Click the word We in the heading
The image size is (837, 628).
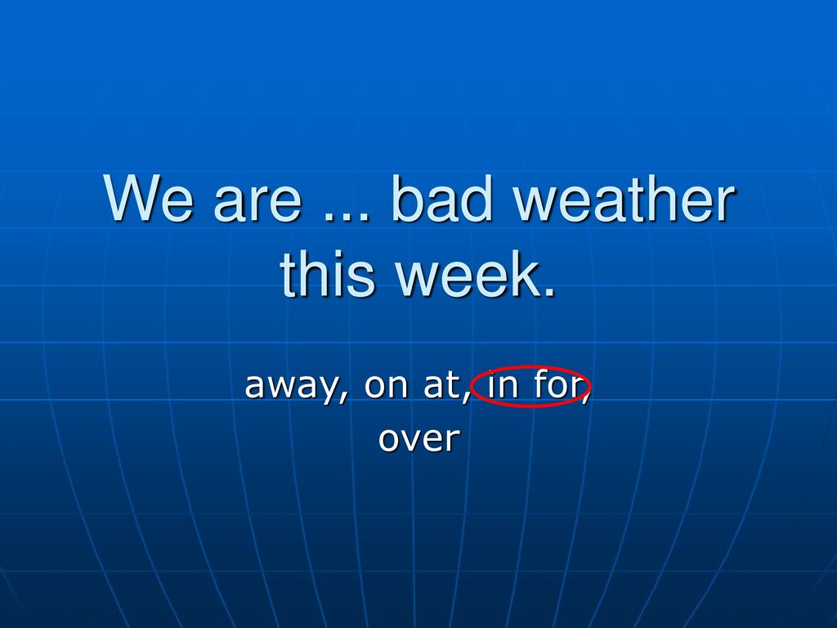click(148, 198)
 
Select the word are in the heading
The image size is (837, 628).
click(257, 204)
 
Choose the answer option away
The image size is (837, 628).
click(291, 386)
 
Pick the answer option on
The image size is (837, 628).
click(386, 385)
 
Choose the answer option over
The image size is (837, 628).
click(419, 439)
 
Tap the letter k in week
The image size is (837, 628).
click(521, 273)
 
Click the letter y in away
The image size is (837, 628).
click(327, 389)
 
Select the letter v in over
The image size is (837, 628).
click(411, 440)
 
